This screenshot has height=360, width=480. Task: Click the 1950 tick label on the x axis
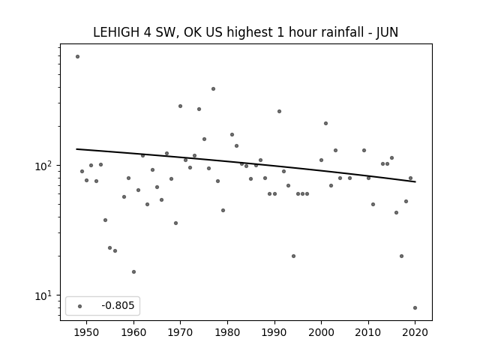[x=87, y=332]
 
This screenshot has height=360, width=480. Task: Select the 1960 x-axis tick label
[x=133, y=332]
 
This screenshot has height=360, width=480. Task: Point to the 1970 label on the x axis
[x=180, y=332]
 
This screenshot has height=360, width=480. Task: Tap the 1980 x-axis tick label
[x=227, y=332]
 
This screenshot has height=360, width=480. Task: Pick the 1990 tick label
[x=274, y=332]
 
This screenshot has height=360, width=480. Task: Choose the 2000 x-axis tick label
[x=322, y=332]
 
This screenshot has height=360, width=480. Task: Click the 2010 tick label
[x=368, y=332]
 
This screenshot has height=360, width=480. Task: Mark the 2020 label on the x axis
[x=415, y=332]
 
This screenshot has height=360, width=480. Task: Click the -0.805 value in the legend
[x=118, y=305]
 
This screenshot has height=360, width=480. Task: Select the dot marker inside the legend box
[x=80, y=306]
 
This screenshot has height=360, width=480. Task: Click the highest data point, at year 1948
[x=77, y=57]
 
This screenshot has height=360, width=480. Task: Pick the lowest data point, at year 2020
[x=415, y=308]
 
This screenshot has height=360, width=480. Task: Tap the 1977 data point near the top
[x=213, y=88]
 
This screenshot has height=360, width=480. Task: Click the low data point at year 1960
[x=133, y=271]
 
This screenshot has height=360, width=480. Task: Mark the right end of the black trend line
[x=415, y=181]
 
